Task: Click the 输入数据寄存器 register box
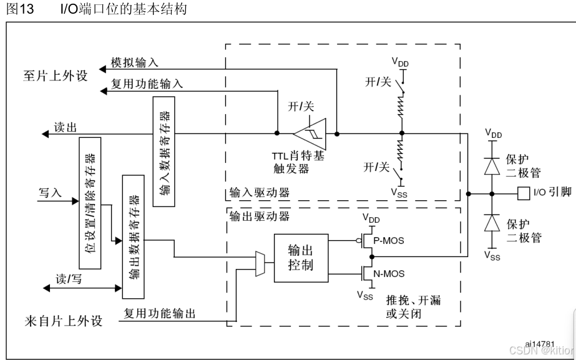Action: tap(164, 152)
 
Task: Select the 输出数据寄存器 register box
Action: tap(133, 236)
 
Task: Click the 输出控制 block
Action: tap(300, 256)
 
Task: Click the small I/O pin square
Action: tap(522, 192)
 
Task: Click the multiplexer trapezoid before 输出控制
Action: tap(260, 263)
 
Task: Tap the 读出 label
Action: tap(65, 127)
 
